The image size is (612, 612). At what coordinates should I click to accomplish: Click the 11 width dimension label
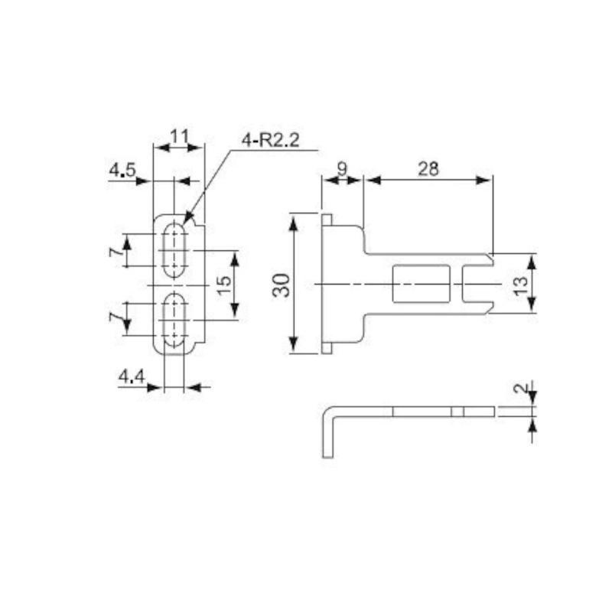coord(180,137)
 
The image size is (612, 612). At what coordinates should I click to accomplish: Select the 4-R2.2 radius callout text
coord(271,141)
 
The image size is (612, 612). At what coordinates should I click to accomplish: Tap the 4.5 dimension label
coord(122,170)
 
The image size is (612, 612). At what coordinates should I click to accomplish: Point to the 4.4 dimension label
coord(132,376)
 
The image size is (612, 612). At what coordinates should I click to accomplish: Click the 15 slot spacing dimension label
coord(224,285)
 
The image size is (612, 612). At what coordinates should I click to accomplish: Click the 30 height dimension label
coord(282,285)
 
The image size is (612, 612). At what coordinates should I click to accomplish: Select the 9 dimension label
coord(342,169)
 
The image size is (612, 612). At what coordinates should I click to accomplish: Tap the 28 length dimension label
coord(428,169)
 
